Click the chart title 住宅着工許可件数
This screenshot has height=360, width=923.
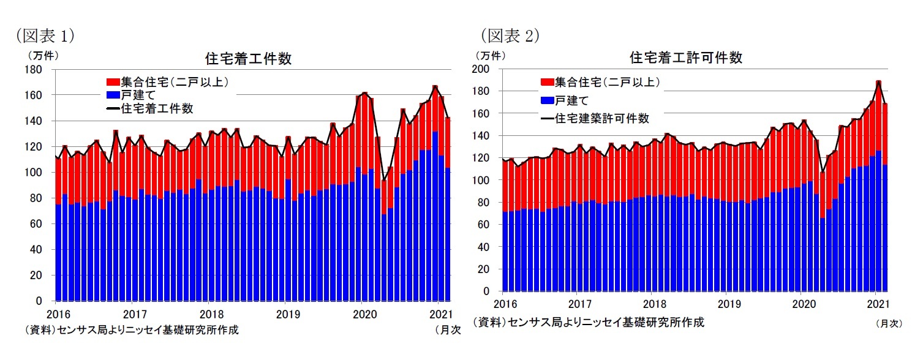click(x=686, y=58)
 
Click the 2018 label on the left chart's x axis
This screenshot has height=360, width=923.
click(x=209, y=314)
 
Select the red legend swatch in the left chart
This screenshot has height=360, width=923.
click(x=113, y=81)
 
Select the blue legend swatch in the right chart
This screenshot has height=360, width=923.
click(x=546, y=100)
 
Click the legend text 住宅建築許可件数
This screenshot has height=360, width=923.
click(x=601, y=118)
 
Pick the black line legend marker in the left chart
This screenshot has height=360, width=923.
click(x=113, y=108)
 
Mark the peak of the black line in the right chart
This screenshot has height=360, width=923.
click(x=878, y=81)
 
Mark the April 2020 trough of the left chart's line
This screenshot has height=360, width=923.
click(x=384, y=181)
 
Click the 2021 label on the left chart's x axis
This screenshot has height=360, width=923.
click(x=438, y=314)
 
